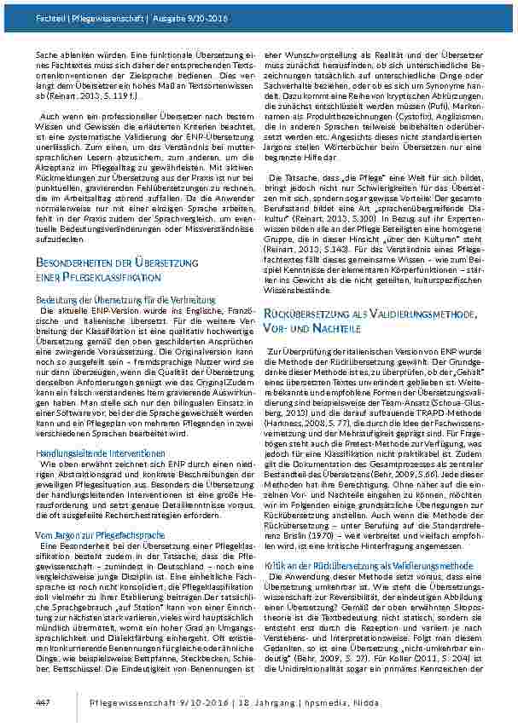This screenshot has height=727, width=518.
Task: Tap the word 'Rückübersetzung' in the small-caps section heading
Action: (x=324, y=291)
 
